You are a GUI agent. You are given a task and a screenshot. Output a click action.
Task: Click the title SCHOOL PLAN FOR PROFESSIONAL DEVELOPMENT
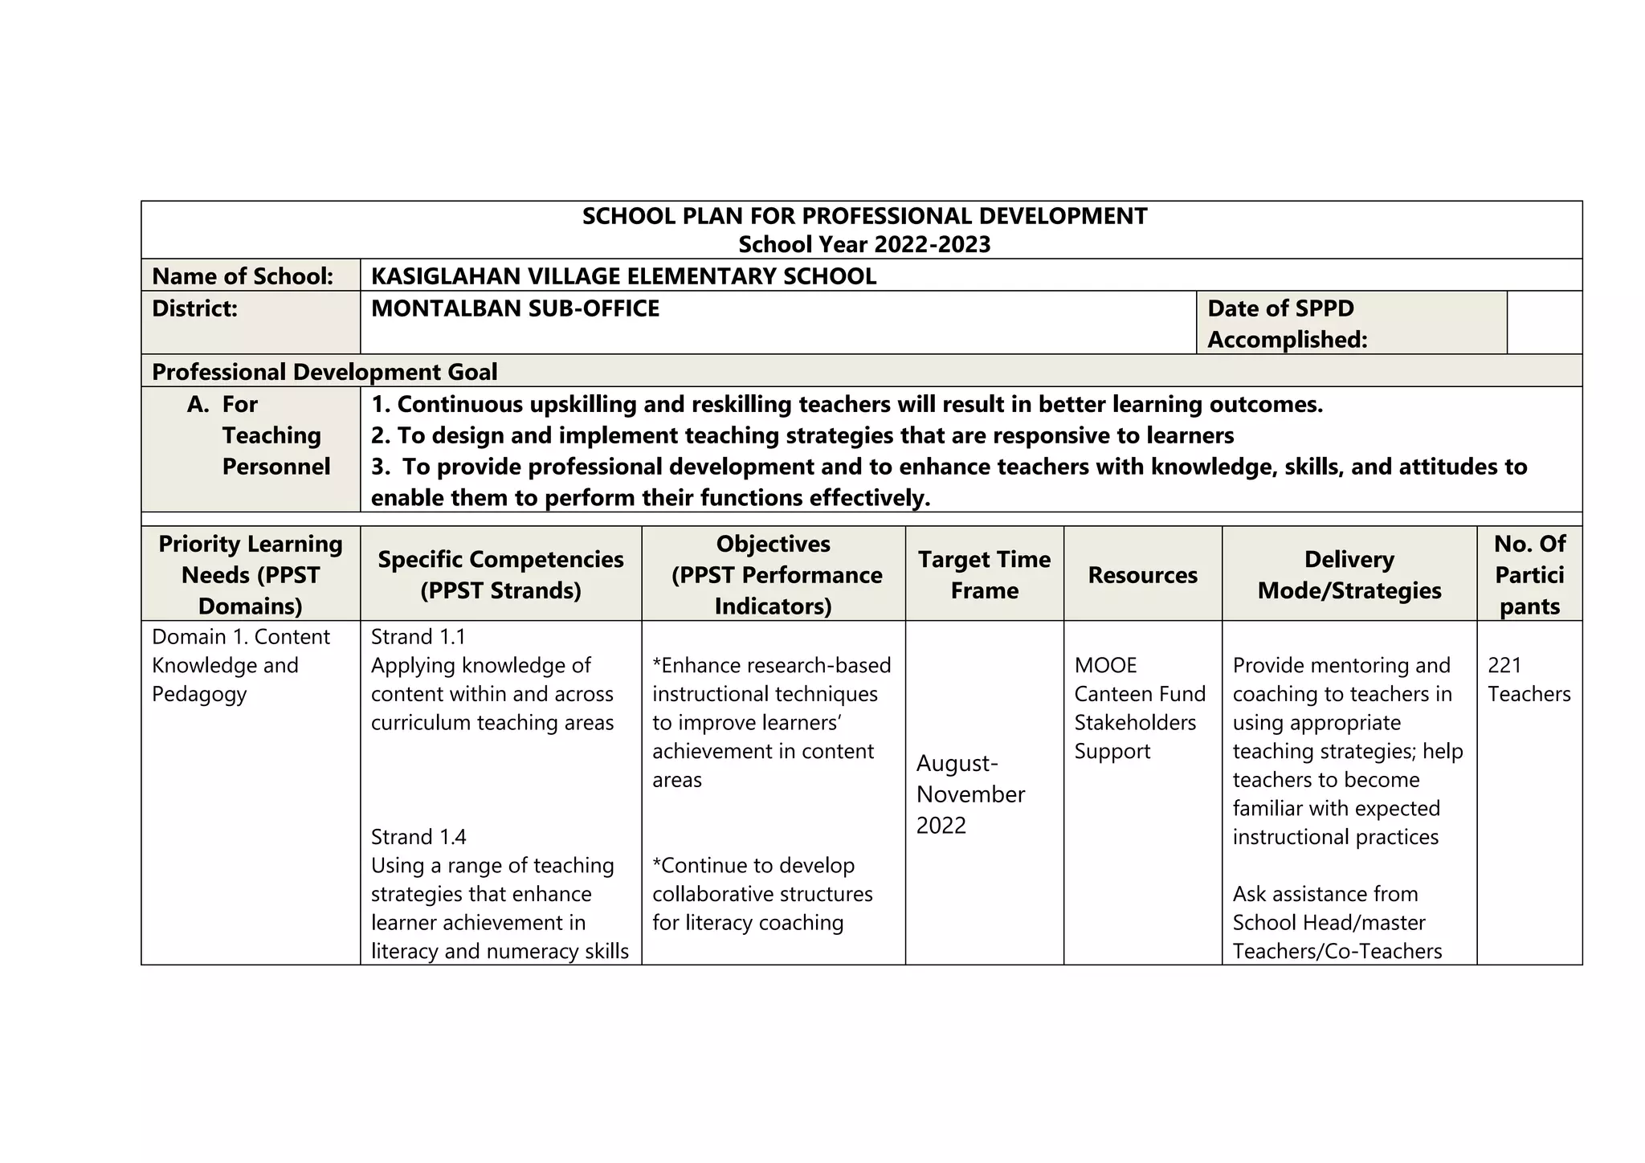click(x=864, y=216)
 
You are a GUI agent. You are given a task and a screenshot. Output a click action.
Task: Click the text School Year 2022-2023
click(x=864, y=244)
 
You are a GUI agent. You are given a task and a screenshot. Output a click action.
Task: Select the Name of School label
click(x=243, y=276)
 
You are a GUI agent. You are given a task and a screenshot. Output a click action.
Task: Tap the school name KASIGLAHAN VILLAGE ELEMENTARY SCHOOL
click(x=623, y=276)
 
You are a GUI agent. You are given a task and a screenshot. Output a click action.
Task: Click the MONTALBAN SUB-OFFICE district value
click(x=515, y=308)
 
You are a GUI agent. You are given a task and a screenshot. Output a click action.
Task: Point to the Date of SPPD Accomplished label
click(x=1287, y=323)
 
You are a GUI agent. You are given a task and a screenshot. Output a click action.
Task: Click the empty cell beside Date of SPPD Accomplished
click(x=1544, y=322)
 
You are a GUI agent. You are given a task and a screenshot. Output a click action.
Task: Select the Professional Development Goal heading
click(x=325, y=372)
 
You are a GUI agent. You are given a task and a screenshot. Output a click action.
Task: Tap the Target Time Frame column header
click(x=984, y=574)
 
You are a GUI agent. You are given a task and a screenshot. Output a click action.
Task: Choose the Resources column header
click(x=1142, y=575)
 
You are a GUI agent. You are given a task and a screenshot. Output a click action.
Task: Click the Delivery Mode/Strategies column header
click(x=1349, y=574)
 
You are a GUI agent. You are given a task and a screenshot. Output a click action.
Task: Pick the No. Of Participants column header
click(x=1529, y=574)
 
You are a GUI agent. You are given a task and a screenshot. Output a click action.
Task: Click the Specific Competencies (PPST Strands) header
click(x=500, y=574)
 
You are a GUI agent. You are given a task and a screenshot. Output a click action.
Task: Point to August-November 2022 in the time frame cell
click(x=970, y=794)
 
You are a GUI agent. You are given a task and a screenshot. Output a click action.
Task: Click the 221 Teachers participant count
click(x=1528, y=679)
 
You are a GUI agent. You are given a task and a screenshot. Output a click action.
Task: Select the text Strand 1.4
click(x=418, y=837)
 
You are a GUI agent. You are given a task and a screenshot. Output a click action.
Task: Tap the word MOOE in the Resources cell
click(x=1105, y=665)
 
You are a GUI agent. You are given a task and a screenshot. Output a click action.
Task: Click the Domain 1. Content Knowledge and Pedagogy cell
click(x=240, y=665)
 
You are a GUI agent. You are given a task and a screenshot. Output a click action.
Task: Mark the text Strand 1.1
click(x=418, y=637)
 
